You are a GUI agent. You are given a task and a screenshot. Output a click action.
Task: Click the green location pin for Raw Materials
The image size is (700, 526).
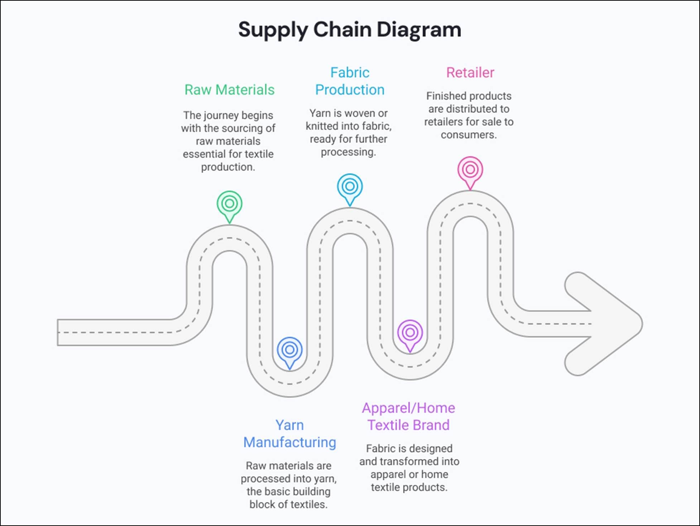pyautogui.click(x=229, y=204)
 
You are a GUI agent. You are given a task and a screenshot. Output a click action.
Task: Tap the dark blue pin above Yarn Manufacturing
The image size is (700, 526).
pyautogui.click(x=289, y=350)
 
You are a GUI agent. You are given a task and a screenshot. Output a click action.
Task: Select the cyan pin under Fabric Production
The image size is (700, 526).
pyautogui.click(x=350, y=187)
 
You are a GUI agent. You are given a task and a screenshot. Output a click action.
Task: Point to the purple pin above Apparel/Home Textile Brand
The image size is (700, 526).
pyautogui.click(x=410, y=333)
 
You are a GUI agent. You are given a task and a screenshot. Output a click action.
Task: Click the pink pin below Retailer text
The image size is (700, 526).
pyautogui.click(x=470, y=170)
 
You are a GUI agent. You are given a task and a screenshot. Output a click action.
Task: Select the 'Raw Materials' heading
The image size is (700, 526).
pyautogui.click(x=229, y=90)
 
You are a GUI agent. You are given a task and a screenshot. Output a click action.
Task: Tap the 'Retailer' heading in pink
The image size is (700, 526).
pyautogui.click(x=470, y=72)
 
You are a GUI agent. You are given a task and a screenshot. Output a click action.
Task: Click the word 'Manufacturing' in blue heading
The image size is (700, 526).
pyautogui.click(x=289, y=442)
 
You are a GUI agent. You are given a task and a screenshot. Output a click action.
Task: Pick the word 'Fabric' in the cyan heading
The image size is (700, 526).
pyautogui.click(x=350, y=72)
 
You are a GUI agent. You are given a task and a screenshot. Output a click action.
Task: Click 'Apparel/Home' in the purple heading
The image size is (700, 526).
pyautogui.click(x=408, y=408)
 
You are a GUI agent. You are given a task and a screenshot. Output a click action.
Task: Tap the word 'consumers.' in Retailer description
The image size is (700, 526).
pyautogui.click(x=469, y=135)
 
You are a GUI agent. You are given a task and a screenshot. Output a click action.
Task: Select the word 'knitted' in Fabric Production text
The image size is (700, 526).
pyautogui.click(x=322, y=126)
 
